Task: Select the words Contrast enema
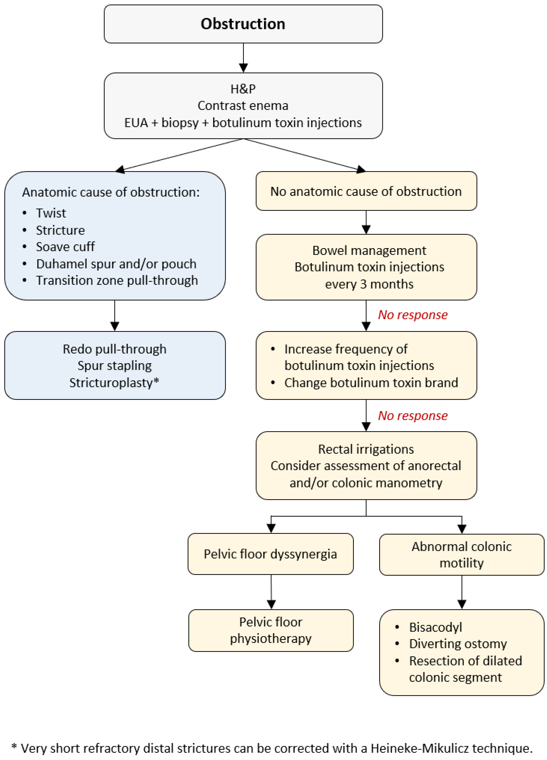243,106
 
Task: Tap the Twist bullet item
51,213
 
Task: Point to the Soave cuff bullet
65,247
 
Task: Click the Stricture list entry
60,230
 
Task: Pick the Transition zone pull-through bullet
117,280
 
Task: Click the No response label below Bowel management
413,315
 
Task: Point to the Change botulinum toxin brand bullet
371,382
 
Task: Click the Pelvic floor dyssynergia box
270,554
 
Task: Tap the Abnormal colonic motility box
462,555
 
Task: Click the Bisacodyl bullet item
435,627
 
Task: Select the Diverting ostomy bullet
458,644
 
